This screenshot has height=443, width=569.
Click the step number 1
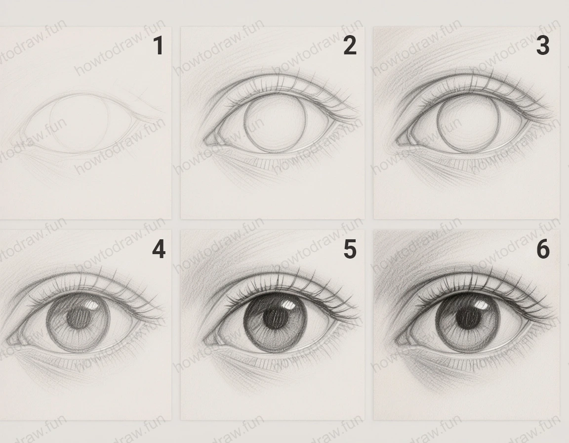pos(158,46)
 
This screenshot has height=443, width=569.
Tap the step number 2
pos(349,46)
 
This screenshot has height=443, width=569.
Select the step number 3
pos(542,46)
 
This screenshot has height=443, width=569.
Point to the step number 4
pos(158,250)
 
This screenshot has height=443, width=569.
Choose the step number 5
pos(350,250)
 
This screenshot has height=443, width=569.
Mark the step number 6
pos(542,250)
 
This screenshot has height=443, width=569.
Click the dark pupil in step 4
pos(77,319)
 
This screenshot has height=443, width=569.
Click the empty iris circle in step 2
pos(275,123)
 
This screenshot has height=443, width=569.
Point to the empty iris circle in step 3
pos(468,123)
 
